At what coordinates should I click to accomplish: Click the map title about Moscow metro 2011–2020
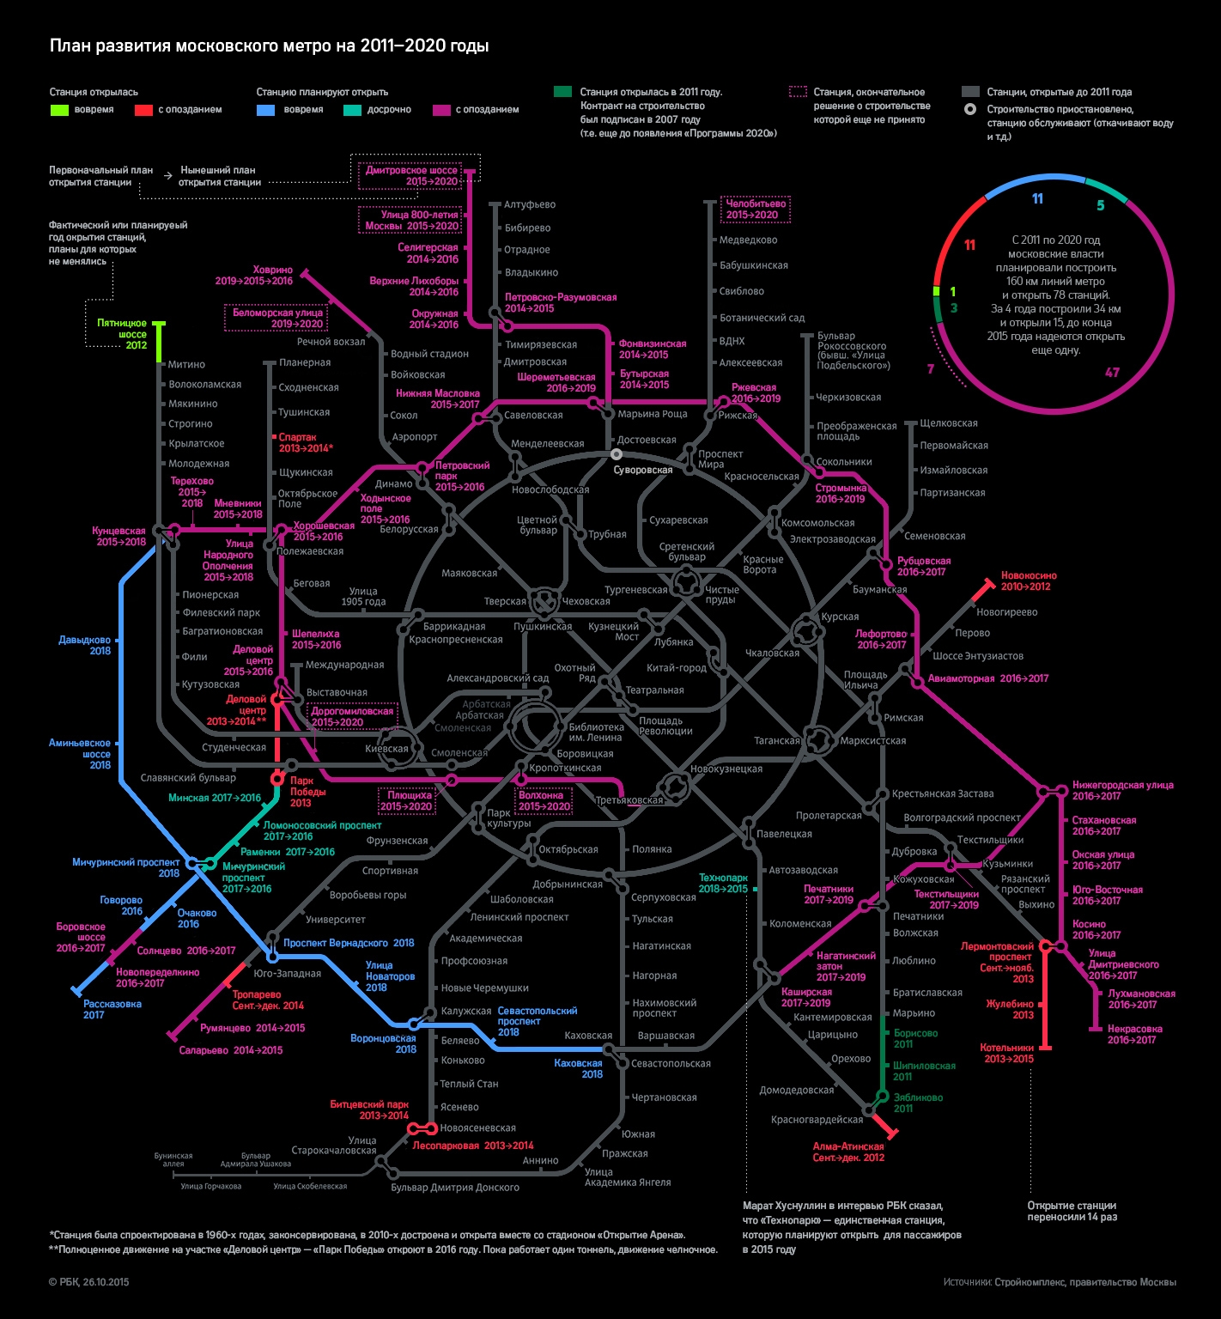(x=269, y=46)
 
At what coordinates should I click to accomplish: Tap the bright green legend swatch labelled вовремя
(x=59, y=110)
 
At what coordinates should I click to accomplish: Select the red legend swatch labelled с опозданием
(x=143, y=110)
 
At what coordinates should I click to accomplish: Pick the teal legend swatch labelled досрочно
(x=352, y=110)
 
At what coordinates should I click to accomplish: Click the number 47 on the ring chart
(x=1112, y=373)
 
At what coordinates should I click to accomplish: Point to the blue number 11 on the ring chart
(x=1037, y=199)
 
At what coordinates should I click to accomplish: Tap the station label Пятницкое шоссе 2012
(x=122, y=334)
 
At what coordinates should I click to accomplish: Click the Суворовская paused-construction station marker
(x=617, y=454)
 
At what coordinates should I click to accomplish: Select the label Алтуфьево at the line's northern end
(x=530, y=204)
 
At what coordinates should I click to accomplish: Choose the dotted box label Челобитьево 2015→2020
(x=756, y=209)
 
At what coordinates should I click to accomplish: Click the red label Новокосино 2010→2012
(x=1029, y=581)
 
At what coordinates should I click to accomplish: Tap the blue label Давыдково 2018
(x=85, y=645)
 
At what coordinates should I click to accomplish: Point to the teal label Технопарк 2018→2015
(x=723, y=883)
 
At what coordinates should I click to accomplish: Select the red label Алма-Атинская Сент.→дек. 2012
(x=848, y=1152)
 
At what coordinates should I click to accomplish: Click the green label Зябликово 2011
(x=918, y=1103)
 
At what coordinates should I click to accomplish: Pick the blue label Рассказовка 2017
(x=112, y=1009)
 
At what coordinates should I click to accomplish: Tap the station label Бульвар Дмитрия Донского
(x=455, y=1188)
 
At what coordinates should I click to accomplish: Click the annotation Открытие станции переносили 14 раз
(x=1072, y=1211)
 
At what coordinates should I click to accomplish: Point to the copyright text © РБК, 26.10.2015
(x=89, y=1282)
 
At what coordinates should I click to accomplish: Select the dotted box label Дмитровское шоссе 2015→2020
(x=411, y=175)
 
